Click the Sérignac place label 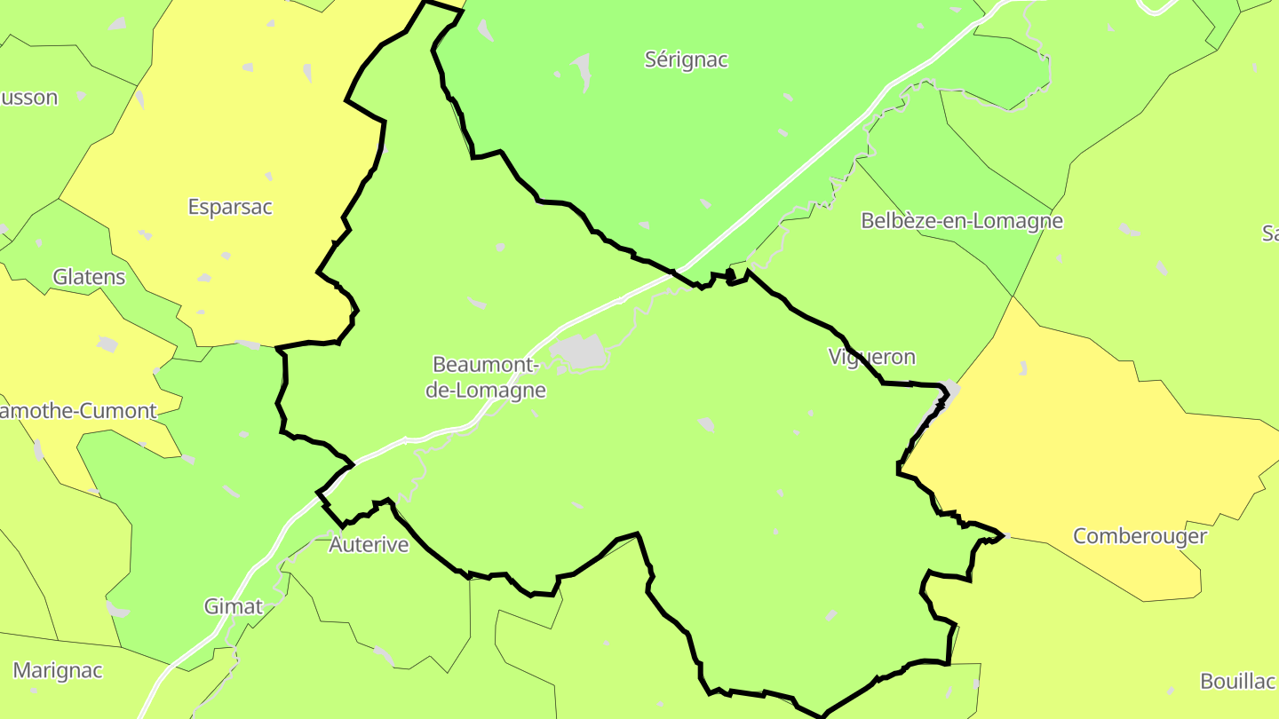point(686,60)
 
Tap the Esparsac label point(230,207)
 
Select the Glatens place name point(89,277)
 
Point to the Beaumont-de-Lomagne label point(485,377)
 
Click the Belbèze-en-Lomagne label point(961,221)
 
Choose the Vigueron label point(871,357)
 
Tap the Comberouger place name point(1140,536)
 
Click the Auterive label point(369,545)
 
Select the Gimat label point(234,606)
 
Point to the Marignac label point(58,670)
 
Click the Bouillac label point(1238,682)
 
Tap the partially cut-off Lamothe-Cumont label point(78,411)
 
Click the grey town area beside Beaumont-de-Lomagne point(579,352)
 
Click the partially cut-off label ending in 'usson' point(28,98)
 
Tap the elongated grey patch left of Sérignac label point(583,71)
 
